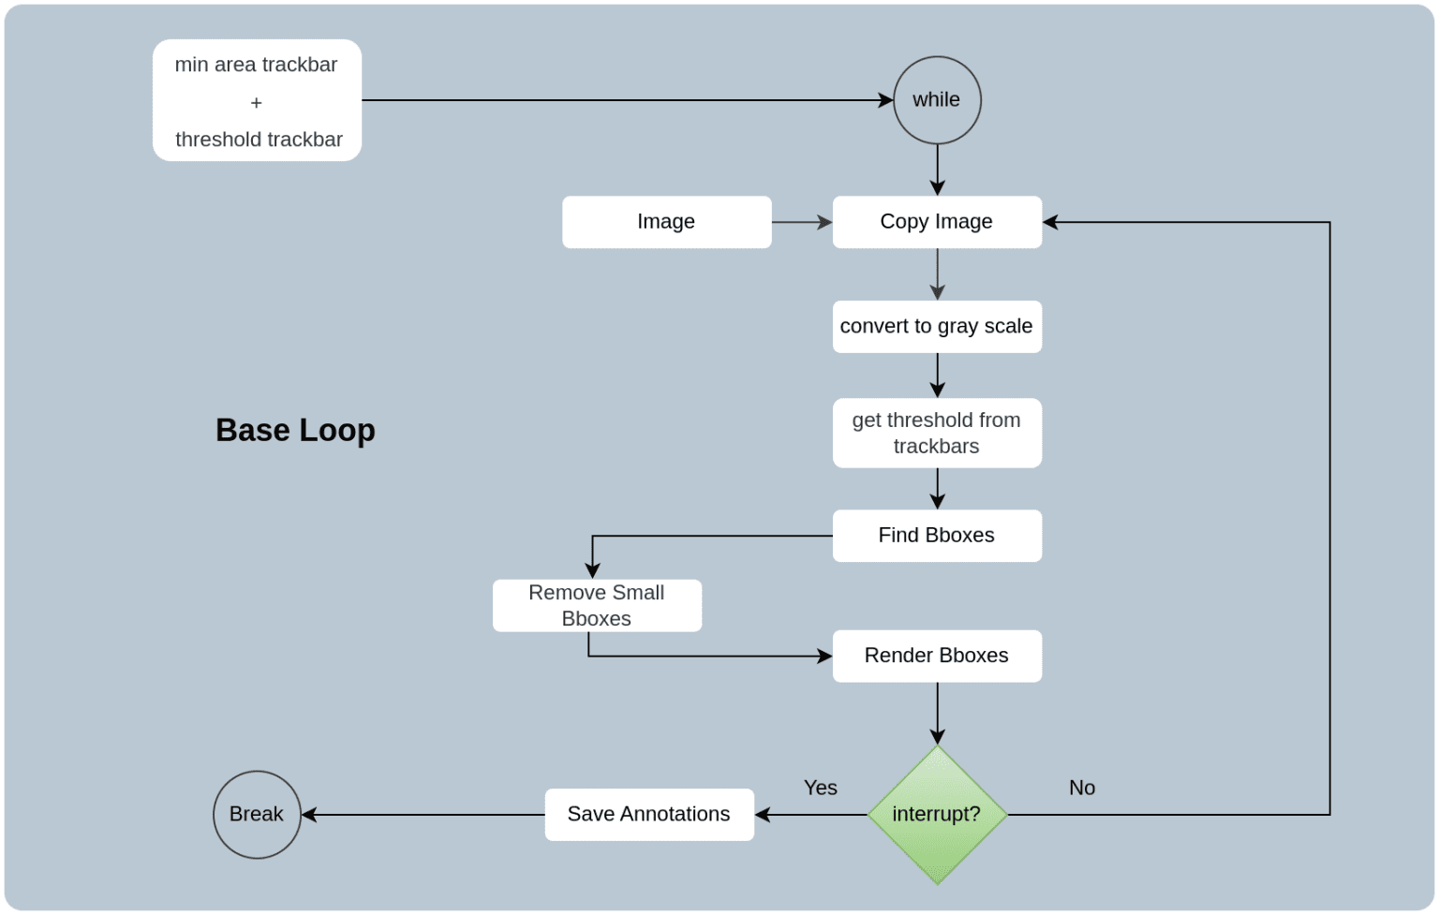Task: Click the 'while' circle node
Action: pyautogui.click(x=937, y=100)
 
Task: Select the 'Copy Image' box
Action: pyautogui.click(x=937, y=222)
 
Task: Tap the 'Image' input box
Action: pyautogui.click(x=666, y=222)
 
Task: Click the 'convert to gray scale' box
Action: pyautogui.click(x=937, y=327)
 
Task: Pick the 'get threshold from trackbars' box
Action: pyautogui.click(x=937, y=433)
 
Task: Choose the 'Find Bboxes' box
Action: pyautogui.click(x=937, y=536)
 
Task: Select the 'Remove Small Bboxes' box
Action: pyautogui.click(x=597, y=606)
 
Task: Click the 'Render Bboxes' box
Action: pyautogui.click(x=937, y=656)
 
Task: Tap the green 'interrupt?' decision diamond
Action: pyautogui.click(x=937, y=815)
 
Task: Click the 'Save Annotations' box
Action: pyautogui.click(x=649, y=815)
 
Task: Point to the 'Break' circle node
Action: pyautogui.click(x=257, y=815)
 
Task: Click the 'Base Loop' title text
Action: pyautogui.click(x=295, y=430)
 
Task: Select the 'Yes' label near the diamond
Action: pyautogui.click(x=820, y=789)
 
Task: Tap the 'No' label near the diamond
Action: pyautogui.click(x=1082, y=789)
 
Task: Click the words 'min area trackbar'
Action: pyautogui.click(x=256, y=65)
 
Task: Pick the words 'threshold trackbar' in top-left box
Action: pyautogui.click(x=259, y=140)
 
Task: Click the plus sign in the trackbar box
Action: pyautogui.click(x=256, y=103)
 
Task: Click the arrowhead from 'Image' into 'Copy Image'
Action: pyautogui.click(x=824, y=222)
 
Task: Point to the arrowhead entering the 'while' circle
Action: pyautogui.click(x=885, y=100)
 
